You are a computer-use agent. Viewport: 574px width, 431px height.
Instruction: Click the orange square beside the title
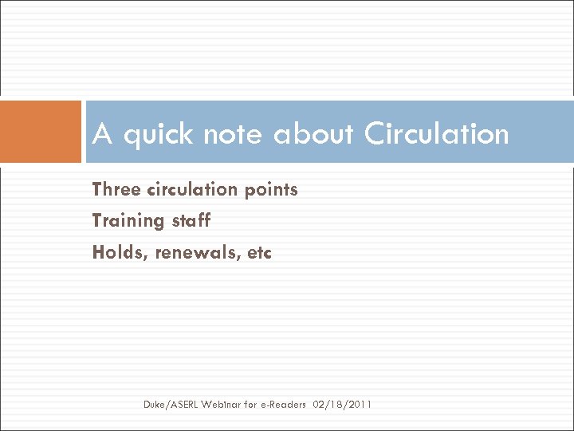tap(41, 132)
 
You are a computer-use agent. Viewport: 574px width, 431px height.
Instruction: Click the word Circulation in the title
tap(436, 134)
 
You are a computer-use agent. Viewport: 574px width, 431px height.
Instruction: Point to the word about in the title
tap(315, 134)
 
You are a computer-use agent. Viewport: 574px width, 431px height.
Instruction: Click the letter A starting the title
tap(101, 134)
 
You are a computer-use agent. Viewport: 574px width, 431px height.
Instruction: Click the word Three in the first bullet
tap(117, 189)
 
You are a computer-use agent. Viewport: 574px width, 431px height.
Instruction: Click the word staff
tap(191, 220)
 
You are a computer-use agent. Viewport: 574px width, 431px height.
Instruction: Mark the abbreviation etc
tap(259, 253)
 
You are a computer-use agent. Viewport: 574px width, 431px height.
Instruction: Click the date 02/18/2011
tap(343, 405)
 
